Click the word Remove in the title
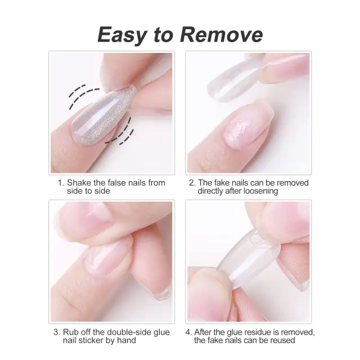click(x=221, y=35)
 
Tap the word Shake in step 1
click(x=79, y=183)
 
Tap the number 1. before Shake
click(x=61, y=183)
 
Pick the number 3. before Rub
click(x=57, y=332)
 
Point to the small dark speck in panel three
click(x=126, y=246)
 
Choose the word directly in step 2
click(x=210, y=191)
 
